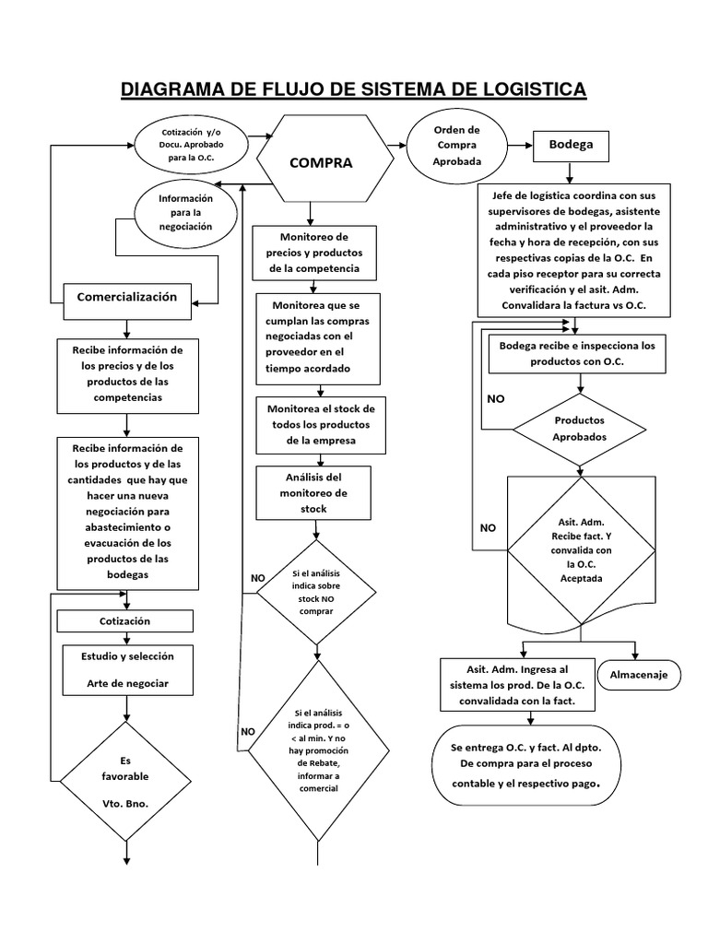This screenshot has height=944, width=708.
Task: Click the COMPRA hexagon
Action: click(320, 162)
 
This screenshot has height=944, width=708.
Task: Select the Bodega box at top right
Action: click(571, 146)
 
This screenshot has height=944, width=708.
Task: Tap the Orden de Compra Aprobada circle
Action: click(457, 146)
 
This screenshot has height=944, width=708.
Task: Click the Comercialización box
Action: click(126, 297)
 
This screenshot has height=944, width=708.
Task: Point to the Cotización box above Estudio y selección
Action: click(124, 621)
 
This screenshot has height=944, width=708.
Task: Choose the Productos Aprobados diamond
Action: click(579, 429)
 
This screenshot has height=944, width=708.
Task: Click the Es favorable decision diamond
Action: click(125, 782)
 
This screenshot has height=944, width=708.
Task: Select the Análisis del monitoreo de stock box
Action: click(314, 492)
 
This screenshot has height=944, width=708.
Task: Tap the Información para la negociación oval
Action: click(185, 212)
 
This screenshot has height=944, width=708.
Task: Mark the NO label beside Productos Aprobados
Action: click(495, 400)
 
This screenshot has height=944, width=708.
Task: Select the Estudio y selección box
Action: click(125, 669)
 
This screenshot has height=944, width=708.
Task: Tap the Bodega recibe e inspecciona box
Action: click(576, 354)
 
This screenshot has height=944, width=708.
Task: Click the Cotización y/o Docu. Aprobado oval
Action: click(191, 146)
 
